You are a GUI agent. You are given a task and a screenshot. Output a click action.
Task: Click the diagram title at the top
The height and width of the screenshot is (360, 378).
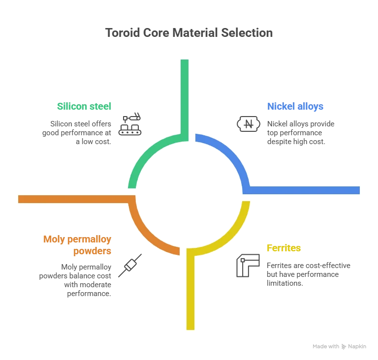(x=189, y=34)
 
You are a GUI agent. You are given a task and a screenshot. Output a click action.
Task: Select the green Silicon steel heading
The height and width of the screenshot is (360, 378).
(x=84, y=106)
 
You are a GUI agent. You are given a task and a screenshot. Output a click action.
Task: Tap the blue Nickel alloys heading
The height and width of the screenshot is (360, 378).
(x=296, y=106)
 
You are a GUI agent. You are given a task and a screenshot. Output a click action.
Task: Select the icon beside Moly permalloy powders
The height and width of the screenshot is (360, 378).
(x=130, y=266)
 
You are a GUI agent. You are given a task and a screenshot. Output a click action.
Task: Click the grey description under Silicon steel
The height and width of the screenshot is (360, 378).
(x=77, y=130)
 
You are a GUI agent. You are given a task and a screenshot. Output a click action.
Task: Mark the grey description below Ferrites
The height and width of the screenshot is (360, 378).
(x=305, y=272)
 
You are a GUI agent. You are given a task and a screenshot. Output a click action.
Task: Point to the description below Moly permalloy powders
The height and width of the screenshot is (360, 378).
(x=78, y=279)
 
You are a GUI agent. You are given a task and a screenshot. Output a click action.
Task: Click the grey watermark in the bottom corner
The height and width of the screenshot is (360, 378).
(x=339, y=346)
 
